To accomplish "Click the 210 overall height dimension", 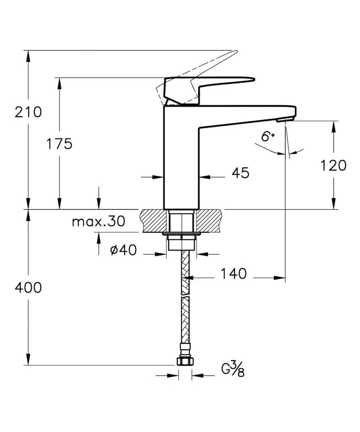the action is pyautogui.click(x=28, y=112).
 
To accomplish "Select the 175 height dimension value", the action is pyautogui.click(x=59, y=144).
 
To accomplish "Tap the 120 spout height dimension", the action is pyautogui.click(x=333, y=165).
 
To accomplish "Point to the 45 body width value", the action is pyautogui.click(x=240, y=173).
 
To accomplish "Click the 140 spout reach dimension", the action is pyautogui.click(x=233, y=273).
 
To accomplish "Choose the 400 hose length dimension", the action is pyautogui.click(x=28, y=287).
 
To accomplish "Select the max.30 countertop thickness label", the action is pyautogui.click(x=98, y=221).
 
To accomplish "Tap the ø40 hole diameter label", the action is pyautogui.click(x=123, y=250).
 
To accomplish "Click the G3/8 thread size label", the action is pyautogui.click(x=233, y=369).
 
